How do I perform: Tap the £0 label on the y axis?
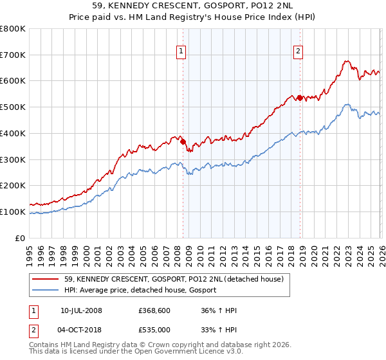tap(20, 238)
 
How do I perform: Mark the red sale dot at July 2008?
tap(183, 142)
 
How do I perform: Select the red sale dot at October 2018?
tap(300, 98)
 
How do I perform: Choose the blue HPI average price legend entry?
tap(140, 291)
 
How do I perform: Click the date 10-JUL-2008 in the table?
tap(81, 310)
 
